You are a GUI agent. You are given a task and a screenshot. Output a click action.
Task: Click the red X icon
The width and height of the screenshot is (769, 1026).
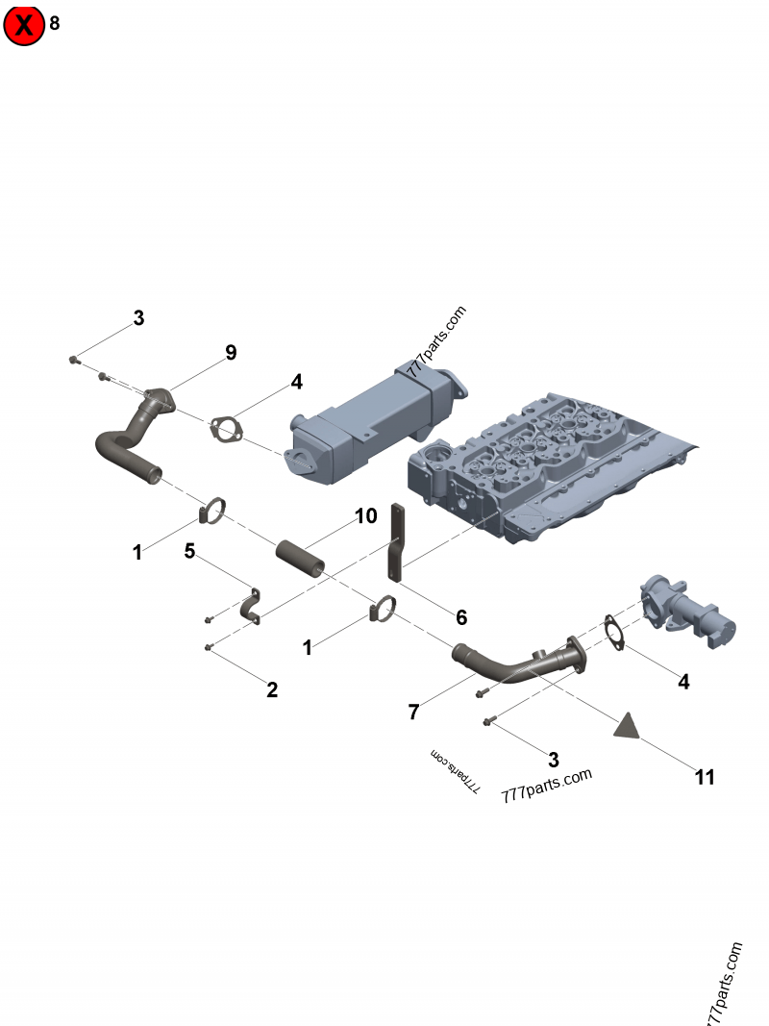pos(24,26)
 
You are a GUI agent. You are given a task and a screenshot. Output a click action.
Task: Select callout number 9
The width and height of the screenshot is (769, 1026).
pos(231,353)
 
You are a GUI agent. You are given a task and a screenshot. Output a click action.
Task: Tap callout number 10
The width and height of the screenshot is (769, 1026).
pos(365,516)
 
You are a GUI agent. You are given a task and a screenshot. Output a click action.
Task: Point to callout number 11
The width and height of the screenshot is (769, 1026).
pos(705,777)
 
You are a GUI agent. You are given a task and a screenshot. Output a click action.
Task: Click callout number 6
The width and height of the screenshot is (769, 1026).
pos(461,616)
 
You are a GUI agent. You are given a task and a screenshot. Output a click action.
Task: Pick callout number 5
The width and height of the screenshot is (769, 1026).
pos(189,551)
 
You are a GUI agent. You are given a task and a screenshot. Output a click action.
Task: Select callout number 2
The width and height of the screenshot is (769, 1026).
pos(272,689)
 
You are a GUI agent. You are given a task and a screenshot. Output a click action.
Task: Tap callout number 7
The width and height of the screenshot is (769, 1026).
pos(413,712)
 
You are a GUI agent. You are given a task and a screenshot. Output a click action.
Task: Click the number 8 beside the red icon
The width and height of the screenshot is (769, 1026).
pos(55,24)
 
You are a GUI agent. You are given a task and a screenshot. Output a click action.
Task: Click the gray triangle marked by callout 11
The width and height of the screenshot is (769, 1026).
pos(628,726)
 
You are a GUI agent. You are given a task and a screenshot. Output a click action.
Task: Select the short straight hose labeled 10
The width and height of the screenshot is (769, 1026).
pos(298,559)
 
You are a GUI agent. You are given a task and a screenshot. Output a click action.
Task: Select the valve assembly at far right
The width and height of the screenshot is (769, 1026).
pos(692,615)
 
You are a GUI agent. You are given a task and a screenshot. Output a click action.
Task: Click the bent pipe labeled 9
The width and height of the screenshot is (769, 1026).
pos(135,438)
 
